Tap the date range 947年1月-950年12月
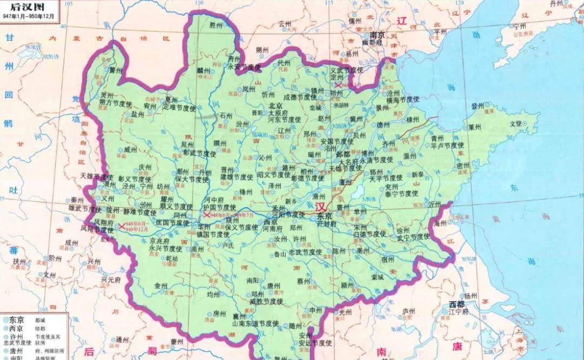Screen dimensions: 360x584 (x=28, y=16)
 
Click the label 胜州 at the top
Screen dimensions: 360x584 (x=216, y=25)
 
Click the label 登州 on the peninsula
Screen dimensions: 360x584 (x=478, y=106)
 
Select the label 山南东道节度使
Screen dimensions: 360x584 (x=255, y=323)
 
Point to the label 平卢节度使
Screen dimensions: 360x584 (x=447, y=145)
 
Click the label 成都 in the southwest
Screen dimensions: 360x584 (x=71, y=243)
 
